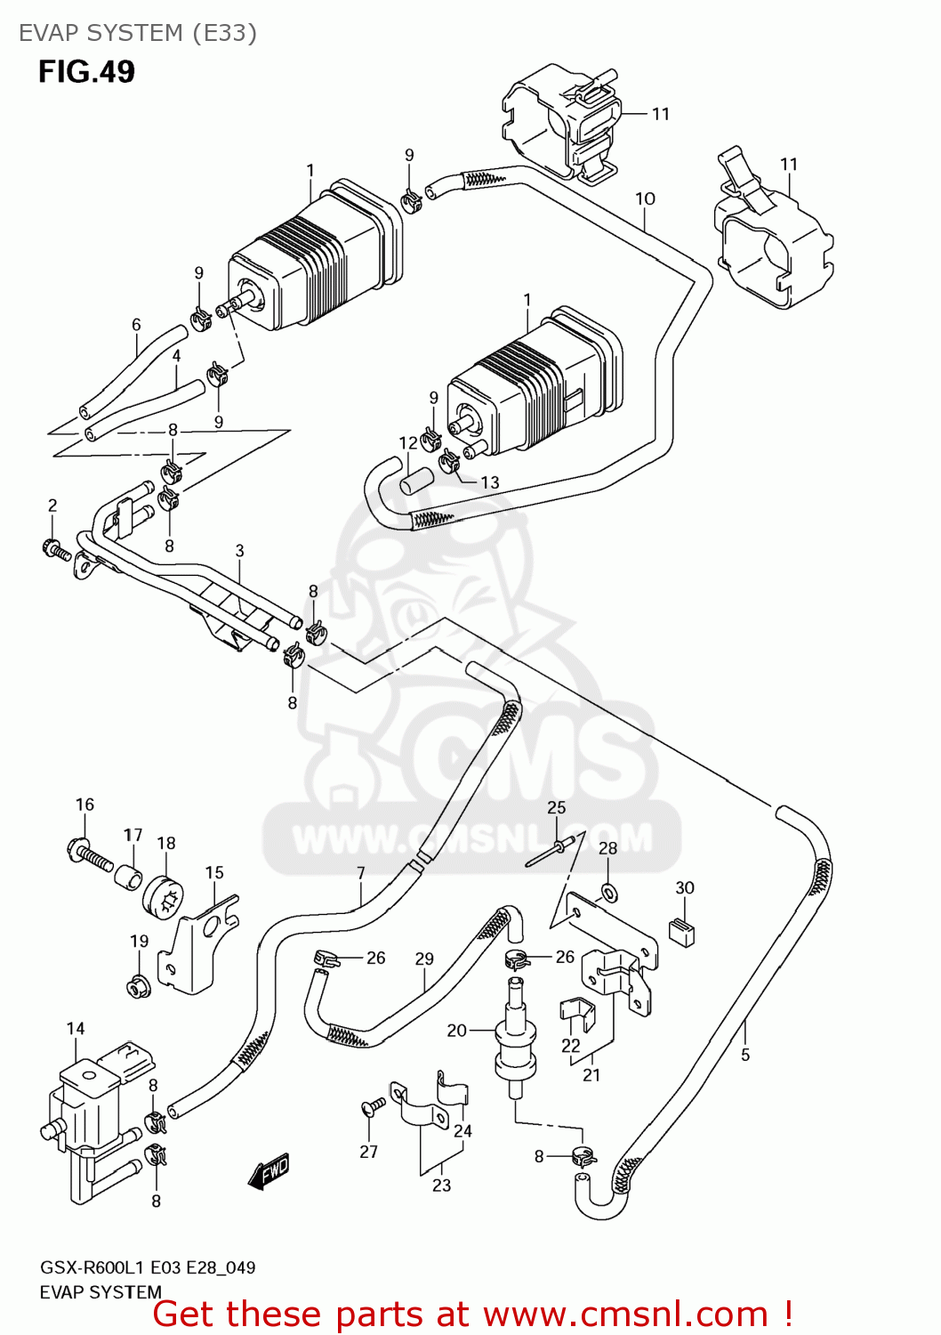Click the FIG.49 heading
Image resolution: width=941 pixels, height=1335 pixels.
click(x=86, y=71)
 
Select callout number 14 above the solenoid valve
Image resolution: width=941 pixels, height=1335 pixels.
click(x=76, y=1029)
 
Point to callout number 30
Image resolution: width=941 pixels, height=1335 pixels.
click(x=685, y=887)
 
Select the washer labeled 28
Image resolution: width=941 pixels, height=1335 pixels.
click(x=608, y=891)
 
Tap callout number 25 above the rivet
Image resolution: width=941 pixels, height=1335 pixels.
click(x=556, y=807)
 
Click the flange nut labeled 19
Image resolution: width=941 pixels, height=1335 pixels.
click(x=138, y=986)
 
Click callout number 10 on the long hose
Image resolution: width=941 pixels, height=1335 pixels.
click(x=645, y=198)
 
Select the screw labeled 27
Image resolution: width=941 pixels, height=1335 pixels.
click(x=374, y=1106)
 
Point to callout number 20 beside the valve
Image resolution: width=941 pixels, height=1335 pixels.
click(x=456, y=1030)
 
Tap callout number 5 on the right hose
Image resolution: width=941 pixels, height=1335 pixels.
click(x=745, y=1055)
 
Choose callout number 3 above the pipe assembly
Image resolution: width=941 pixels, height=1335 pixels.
click(x=239, y=551)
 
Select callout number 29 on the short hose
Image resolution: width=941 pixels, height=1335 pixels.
click(x=424, y=959)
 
